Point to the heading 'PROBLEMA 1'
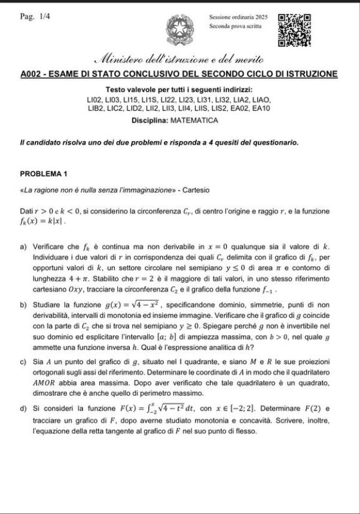click(44, 173)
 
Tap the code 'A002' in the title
click(31, 74)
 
